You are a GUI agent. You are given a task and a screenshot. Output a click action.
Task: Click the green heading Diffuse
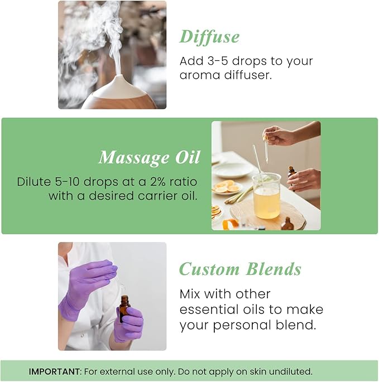(209, 37)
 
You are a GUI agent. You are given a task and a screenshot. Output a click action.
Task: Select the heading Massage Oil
(149, 158)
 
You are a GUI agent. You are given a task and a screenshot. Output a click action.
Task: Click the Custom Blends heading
(240, 269)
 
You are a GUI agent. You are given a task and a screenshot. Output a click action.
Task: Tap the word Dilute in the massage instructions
(36, 182)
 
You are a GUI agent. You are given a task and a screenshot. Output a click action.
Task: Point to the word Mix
(193, 294)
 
